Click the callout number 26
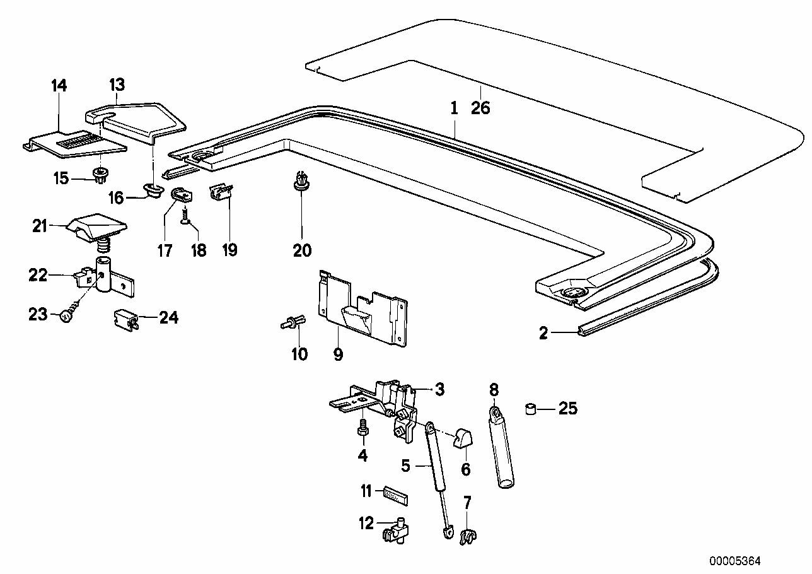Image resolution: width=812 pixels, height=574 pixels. [480, 108]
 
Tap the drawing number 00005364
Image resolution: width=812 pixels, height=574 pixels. [735, 561]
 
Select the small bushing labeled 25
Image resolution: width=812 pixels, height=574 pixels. [531, 409]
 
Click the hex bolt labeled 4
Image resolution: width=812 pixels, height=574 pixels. [363, 429]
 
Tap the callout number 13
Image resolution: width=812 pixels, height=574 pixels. [117, 85]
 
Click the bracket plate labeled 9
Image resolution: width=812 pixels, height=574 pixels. [362, 307]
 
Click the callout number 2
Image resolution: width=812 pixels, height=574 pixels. [543, 333]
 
